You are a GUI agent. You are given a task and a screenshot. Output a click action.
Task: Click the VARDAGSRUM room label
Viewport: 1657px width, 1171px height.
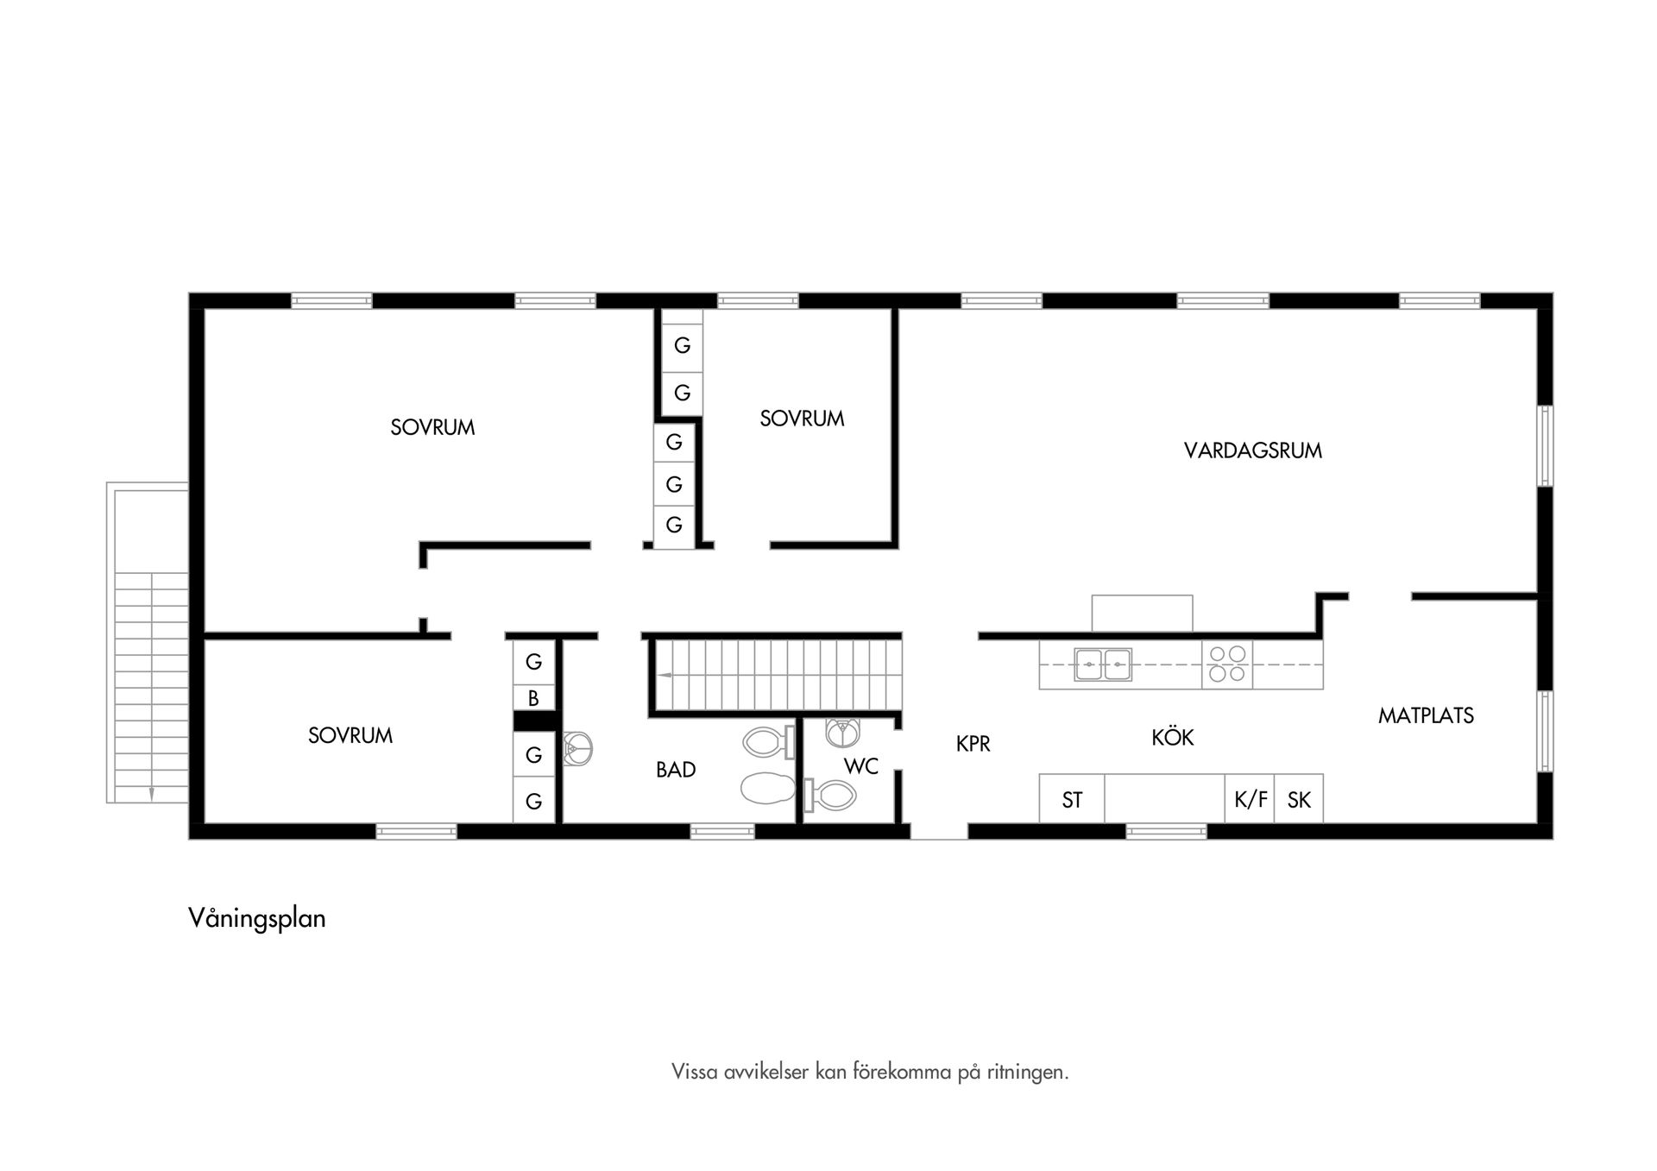[x=1252, y=450]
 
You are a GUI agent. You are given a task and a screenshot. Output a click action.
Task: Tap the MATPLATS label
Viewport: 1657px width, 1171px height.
[x=1426, y=715]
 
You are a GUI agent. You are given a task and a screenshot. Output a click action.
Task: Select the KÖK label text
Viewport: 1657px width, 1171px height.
[x=1172, y=738]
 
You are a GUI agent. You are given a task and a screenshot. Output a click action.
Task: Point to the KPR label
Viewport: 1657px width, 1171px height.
[x=973, y=744]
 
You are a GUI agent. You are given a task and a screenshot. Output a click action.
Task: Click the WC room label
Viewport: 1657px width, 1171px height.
[x=860, y=765]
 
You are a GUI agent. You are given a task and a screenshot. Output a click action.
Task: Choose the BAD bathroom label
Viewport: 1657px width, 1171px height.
[x=676, y=770]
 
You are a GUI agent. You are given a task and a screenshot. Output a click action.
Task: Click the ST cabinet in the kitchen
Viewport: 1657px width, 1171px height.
[x=1072, y=800]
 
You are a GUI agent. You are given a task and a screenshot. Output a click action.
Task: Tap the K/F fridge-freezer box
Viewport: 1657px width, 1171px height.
[x=1251, y=800]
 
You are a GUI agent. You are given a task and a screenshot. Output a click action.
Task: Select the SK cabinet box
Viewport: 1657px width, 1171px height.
[x=1299, y=800]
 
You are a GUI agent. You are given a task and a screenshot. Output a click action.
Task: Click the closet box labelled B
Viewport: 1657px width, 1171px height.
[x=533, y=698]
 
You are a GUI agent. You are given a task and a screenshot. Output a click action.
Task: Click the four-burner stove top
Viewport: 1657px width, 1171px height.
[x=1227, y=664]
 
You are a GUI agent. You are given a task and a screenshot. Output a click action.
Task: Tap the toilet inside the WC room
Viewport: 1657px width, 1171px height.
[x=830, y=795]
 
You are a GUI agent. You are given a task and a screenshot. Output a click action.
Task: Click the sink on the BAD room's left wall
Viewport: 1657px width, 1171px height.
[x=577, y=749]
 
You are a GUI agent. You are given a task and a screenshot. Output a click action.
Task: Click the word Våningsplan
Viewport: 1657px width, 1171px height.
[x=257, y=918]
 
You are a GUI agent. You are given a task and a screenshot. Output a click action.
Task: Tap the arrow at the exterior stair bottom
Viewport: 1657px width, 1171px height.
[x=151, y=794]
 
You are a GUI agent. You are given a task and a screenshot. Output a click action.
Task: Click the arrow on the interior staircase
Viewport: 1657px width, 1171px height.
[x=665, y=674]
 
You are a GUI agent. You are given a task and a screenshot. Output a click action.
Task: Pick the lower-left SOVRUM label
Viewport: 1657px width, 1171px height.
[x=350, y=736]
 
